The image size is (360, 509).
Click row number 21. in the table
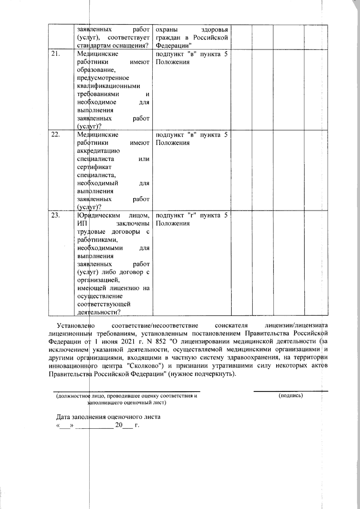coord(56,54)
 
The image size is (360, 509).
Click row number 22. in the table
coord(56,135)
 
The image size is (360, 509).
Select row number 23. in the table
coord(56,215)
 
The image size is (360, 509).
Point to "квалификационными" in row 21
coord(109,86)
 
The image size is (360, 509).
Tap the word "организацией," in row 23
coord(98,280)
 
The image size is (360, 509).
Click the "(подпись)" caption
coord(291,396)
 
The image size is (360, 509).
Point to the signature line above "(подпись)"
coord(291,391)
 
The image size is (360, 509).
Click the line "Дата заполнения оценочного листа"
coord(108,417)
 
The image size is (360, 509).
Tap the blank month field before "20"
coord(94,426)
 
